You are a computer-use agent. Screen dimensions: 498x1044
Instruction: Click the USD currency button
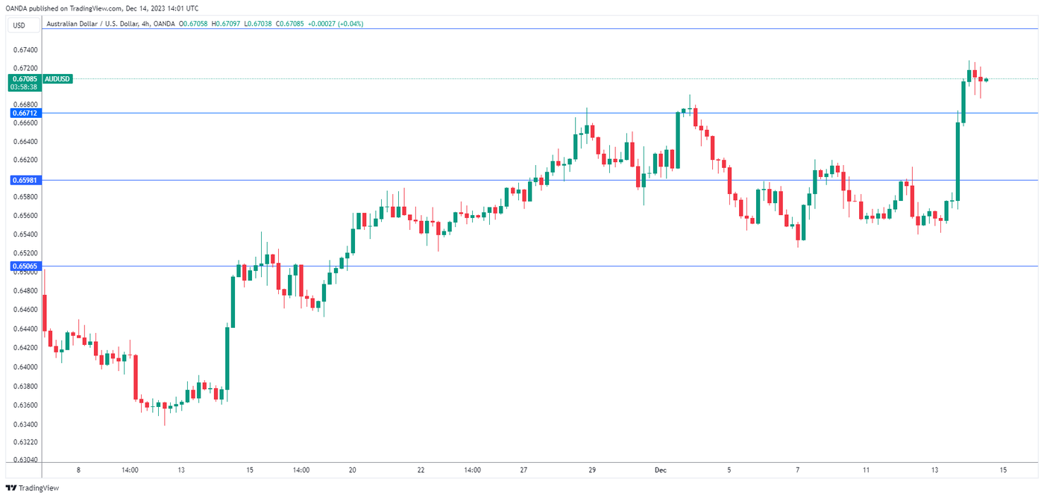19,25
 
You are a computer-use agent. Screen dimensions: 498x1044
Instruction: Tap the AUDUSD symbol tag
57,78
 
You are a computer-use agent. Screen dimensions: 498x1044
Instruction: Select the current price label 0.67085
25,78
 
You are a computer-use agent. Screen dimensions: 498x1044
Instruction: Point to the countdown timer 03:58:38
25,87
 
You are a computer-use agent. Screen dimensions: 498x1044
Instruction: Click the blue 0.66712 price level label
25,113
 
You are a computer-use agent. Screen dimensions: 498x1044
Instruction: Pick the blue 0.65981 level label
25,180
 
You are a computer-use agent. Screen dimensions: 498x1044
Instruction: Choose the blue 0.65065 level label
25,266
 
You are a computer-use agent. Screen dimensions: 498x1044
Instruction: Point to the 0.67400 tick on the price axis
26,50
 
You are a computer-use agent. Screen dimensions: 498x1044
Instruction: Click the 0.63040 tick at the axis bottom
26,460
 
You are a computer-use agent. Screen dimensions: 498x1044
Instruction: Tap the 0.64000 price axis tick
26,367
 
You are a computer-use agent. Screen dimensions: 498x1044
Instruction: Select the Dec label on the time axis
660,470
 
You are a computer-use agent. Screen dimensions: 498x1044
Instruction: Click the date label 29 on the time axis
591,470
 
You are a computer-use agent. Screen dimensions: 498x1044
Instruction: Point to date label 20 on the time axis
353,470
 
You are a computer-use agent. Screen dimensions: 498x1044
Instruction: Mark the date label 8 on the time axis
78,470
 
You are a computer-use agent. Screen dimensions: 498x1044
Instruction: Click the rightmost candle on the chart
986,79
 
